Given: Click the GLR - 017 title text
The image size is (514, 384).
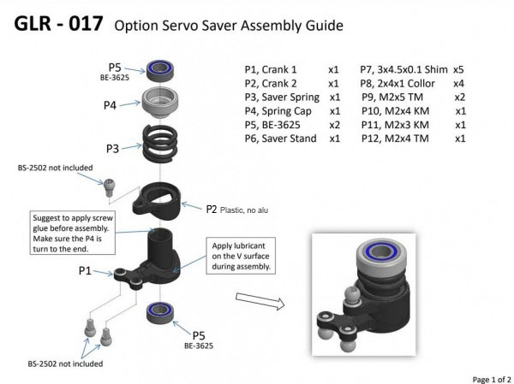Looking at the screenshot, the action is tap(58, 24).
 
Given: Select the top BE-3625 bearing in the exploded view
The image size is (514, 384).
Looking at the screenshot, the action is tap(159, 71).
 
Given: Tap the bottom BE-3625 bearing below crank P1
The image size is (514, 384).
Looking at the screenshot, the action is tap(160, 313).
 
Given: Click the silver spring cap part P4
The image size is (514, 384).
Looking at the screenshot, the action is tap(160, 103).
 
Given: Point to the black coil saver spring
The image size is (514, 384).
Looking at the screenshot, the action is tap(160, 141).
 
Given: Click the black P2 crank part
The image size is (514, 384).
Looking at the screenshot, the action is tap(157, 201).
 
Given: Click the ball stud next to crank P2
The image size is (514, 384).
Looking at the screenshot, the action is tap(109, 187).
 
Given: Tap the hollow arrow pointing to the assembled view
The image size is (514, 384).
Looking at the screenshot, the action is tap(260, 301).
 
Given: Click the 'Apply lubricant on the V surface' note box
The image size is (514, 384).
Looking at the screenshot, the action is tap(241, 256).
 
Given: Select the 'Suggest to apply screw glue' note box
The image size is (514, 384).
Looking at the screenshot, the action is tap(73, 233).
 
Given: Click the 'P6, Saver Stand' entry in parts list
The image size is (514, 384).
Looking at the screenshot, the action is tap(281, 139).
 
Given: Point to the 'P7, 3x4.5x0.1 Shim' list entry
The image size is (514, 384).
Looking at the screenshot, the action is tap(403, 70).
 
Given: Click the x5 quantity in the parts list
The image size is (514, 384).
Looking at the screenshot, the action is tap(458, 70).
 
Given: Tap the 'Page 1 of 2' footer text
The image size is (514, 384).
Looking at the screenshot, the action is tap(492, 380).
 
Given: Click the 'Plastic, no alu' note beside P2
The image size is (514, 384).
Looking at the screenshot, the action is tap(244, 210).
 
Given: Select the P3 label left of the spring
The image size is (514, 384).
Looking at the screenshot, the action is tap(112, 149).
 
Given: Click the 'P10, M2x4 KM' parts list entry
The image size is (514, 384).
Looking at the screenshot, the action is tap(395, 111).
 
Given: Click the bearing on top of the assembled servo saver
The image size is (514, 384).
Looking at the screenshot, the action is tap(381, 254).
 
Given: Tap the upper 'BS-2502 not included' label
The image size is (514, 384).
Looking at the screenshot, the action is tap(55, 168).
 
